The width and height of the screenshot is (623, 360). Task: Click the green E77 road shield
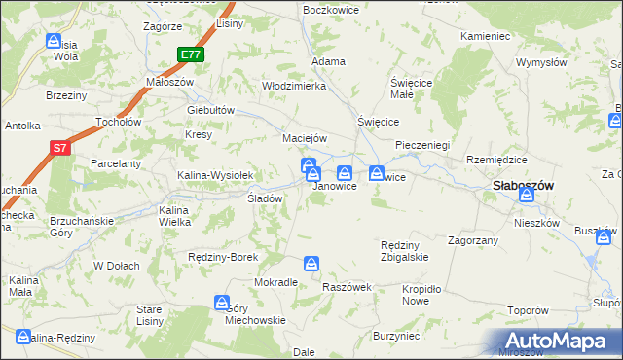pos(191,55)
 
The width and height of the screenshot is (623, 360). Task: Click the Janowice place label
pos(334,186)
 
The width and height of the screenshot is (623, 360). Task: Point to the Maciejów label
pos(304,137)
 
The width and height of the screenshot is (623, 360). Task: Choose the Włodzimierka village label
pos(293,86)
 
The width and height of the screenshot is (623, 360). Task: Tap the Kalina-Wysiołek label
pos(215,175)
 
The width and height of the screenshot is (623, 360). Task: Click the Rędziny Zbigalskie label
pos(404,251)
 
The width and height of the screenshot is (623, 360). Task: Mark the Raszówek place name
pos(348,288)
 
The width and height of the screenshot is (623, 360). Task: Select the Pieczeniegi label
pos(421,145)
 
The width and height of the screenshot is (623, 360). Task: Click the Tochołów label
pos(119,123)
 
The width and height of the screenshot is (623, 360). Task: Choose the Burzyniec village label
pos(396,336)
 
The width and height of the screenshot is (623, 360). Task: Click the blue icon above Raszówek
pos(311,264)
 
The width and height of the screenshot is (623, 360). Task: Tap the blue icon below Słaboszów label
pos(527,196)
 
